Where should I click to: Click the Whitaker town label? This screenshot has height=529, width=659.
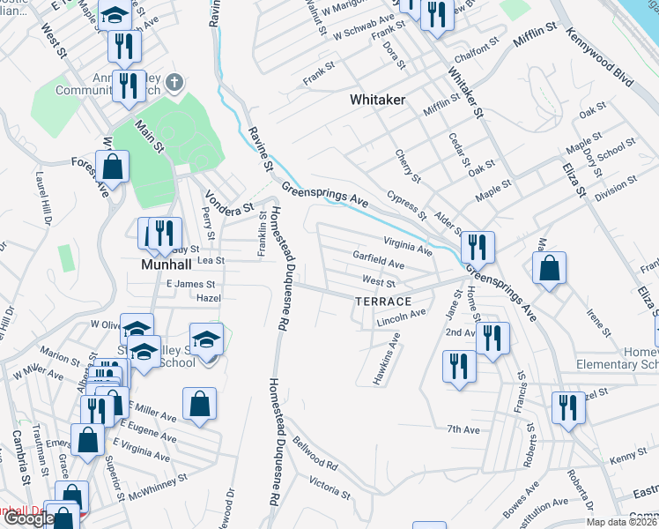point(377,100)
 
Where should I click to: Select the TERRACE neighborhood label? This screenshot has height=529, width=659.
point(383,302)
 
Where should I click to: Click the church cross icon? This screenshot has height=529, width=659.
point(174,83)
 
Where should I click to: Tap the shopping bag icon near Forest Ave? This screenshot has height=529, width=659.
point(113,166)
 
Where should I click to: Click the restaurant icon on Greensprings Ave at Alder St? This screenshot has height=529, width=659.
point(478,246)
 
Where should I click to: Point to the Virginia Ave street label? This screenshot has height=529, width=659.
point(408,245)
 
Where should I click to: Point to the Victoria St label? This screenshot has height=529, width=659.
point(329,487)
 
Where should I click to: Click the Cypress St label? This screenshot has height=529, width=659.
point(406,208)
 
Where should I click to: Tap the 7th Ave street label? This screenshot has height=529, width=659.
point(463,429)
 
